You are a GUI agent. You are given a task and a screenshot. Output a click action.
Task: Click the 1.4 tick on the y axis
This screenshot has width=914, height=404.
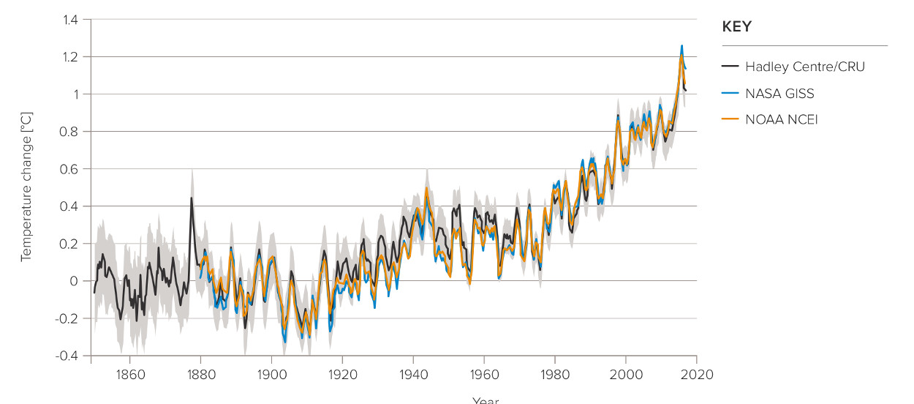pyautogui.click(x=69, y=20)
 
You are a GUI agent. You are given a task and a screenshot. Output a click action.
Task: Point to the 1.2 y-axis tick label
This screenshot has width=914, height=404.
pyautogui.click(x=69, y=57)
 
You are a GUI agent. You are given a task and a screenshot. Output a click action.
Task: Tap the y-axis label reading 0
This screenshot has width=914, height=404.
pyautogui.click(x=74, y=281)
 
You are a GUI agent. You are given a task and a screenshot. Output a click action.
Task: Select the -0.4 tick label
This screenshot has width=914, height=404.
pyautogui.click(x=67, y=356)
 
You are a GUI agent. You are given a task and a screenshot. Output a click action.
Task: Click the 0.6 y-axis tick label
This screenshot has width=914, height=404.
pyautogui.click(x=69, y=169)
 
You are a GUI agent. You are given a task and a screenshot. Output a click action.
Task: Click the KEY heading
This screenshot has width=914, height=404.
pyautogui.click(x=736, y=27)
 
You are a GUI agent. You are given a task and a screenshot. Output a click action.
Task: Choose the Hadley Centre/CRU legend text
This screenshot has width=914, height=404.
pyautogui.click(x=804, y=67)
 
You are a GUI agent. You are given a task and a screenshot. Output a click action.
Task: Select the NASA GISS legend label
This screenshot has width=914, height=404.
pyautogui.click(x=779, y=93)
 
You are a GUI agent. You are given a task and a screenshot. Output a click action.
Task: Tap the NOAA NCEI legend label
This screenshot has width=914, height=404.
pyautogui.click(x=781, y=119)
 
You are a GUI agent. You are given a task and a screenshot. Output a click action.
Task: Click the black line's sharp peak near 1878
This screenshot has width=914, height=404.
pyautogui.click(x=192, y=198)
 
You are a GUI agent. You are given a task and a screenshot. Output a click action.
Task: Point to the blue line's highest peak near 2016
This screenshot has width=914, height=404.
pyautogui.click(x=681, y=45)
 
